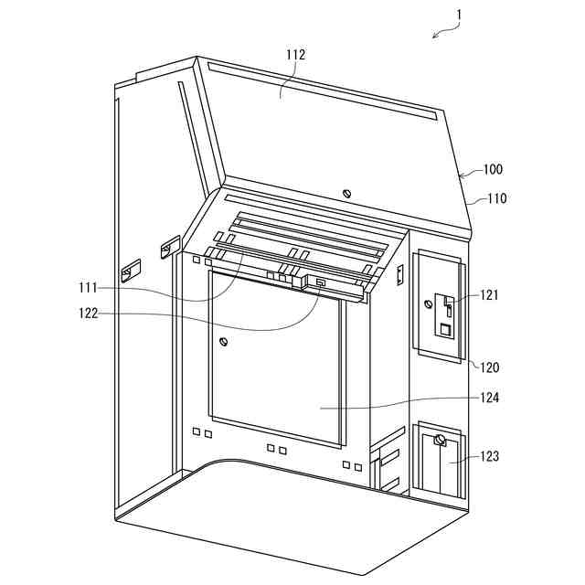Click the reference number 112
coord(295,55)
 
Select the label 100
coord(493,169)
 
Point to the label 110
coord(496,198)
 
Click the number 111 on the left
coord(88,288)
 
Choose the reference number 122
coord(88,314)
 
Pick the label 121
coord(490,294)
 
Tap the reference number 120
coord(491,367)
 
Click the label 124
coord(490,398)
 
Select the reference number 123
coord(490,456)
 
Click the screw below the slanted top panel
coord(346,193)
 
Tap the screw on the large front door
coord(223,343)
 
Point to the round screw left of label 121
coord(426,303)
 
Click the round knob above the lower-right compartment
coord(439,441)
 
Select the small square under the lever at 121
coord(445,329)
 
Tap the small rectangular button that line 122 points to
coord(321,283)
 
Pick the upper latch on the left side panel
coord(167,247)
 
